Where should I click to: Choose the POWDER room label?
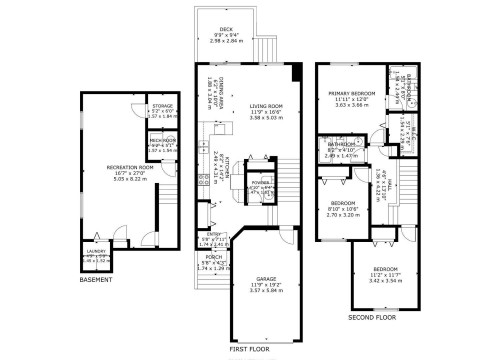(x=261, y=184)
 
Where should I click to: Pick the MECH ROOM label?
(x=162, y=140)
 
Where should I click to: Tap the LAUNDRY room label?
(x=96, y=252)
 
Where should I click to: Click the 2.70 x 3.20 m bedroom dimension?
(x=344, y=215)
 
